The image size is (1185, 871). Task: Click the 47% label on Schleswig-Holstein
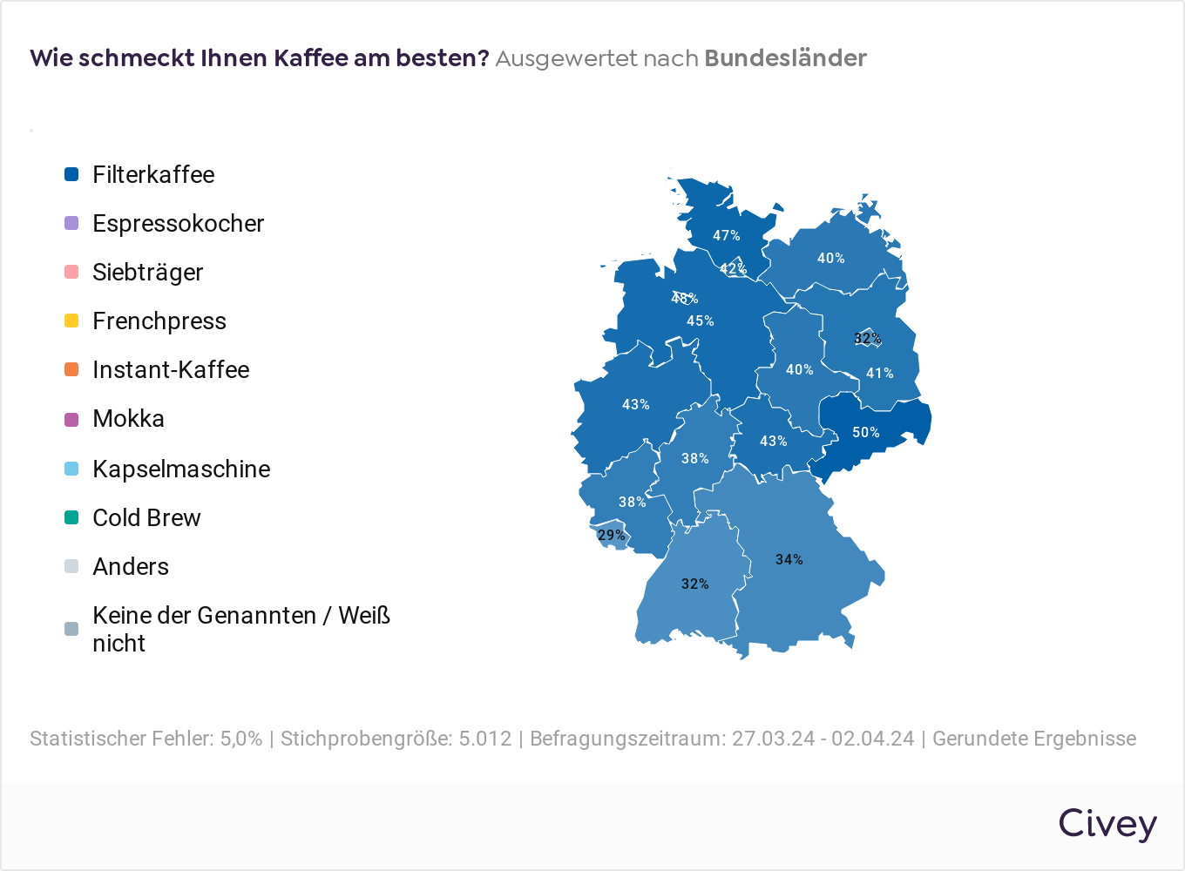click(x=727, y=235)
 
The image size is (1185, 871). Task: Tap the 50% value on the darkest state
click(x=866, y=432)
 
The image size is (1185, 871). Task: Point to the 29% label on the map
click(x=612, y=535)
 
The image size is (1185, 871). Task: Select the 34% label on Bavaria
click(x=789, y=559)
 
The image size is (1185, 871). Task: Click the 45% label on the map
click(x=701, y=321)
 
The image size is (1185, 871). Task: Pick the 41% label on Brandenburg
click(x=880, y=373)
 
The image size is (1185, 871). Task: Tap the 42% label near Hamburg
click(x=734, y=268)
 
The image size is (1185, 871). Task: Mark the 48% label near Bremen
click(x=685, y=298)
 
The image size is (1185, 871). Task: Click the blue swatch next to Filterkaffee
click(x=71, y=174)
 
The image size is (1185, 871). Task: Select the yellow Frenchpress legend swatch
click(x=71, y=321)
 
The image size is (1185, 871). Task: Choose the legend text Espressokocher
click(x=178, y=223)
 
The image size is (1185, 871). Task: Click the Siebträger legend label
click(x=147, y=272)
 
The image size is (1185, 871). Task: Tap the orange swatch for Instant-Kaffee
click(x=71, y=369)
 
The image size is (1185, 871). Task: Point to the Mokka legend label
click(x=128, y=418)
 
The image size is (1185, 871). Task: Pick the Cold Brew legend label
click(x=146, y=517)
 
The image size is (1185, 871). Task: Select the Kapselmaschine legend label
click(x=181, y=469)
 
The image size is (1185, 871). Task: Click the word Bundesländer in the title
click(x=785, y=58)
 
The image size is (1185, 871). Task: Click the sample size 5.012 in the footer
click(x=484, y=739)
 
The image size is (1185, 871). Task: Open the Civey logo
click(x=1107, y=824)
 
